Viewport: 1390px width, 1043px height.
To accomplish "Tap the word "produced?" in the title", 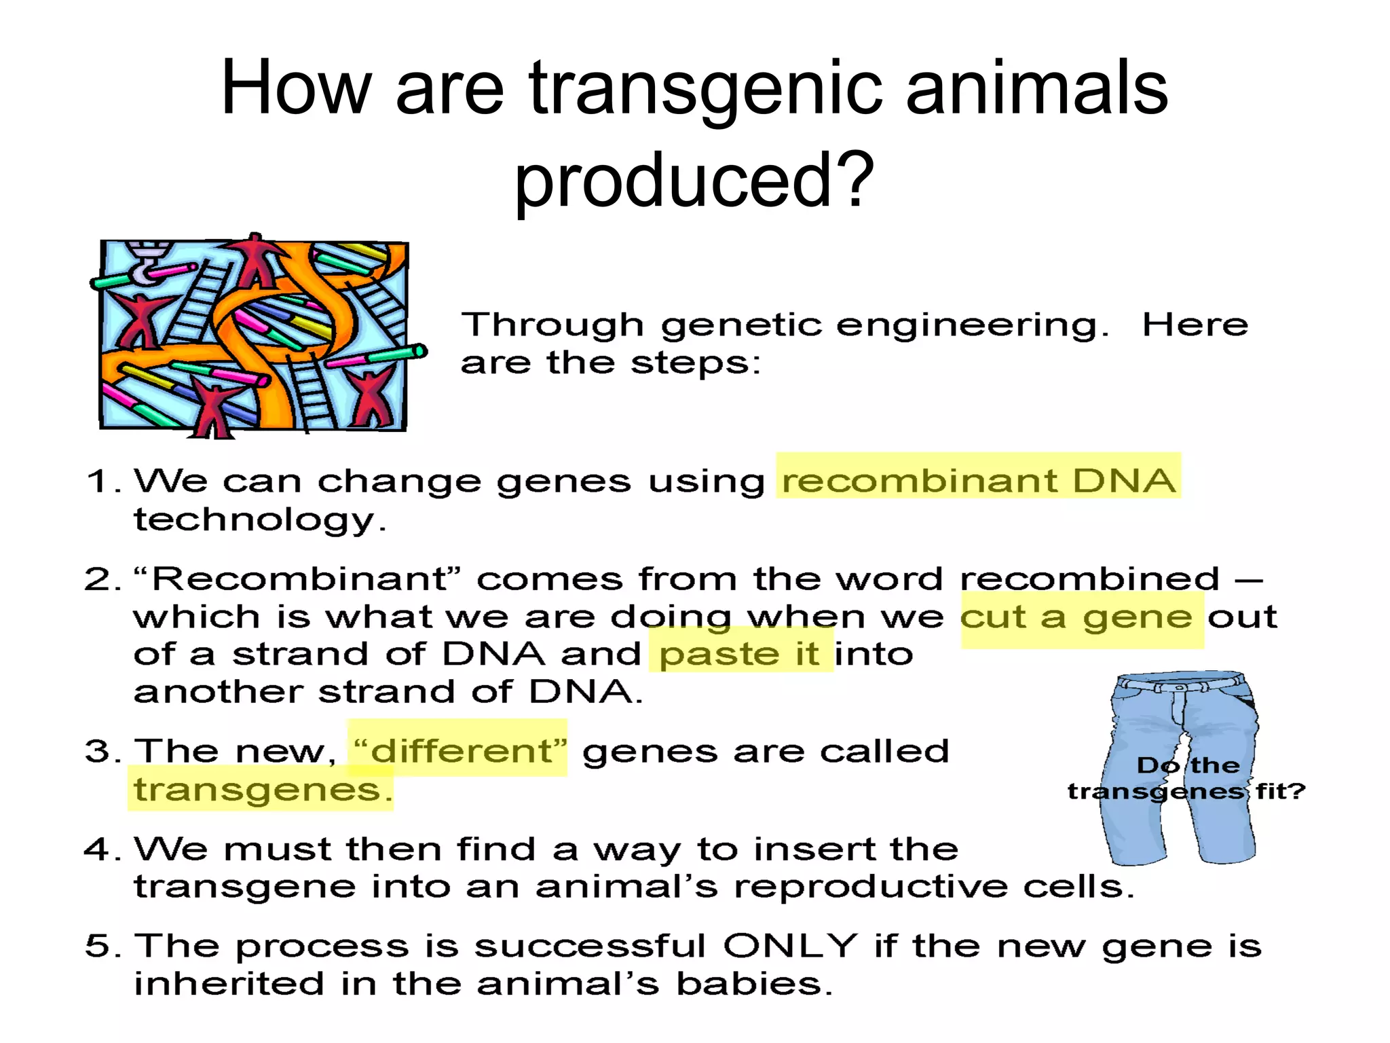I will [694, 180].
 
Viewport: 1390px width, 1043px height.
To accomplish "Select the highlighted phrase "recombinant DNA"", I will [978, 480].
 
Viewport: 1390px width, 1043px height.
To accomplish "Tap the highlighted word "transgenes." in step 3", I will [262, 789].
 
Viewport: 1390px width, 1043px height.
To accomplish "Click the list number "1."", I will [102, 481].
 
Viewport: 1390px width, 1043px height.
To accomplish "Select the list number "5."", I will [102, 946].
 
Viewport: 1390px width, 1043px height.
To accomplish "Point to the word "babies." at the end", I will [754, 983].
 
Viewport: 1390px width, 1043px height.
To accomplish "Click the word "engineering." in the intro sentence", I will [971, 325].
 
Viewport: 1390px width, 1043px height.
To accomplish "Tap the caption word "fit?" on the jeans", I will [1280, 791].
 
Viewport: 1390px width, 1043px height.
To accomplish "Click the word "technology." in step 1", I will [259, 520].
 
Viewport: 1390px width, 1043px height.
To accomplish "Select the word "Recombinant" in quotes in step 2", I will [299, 579].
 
